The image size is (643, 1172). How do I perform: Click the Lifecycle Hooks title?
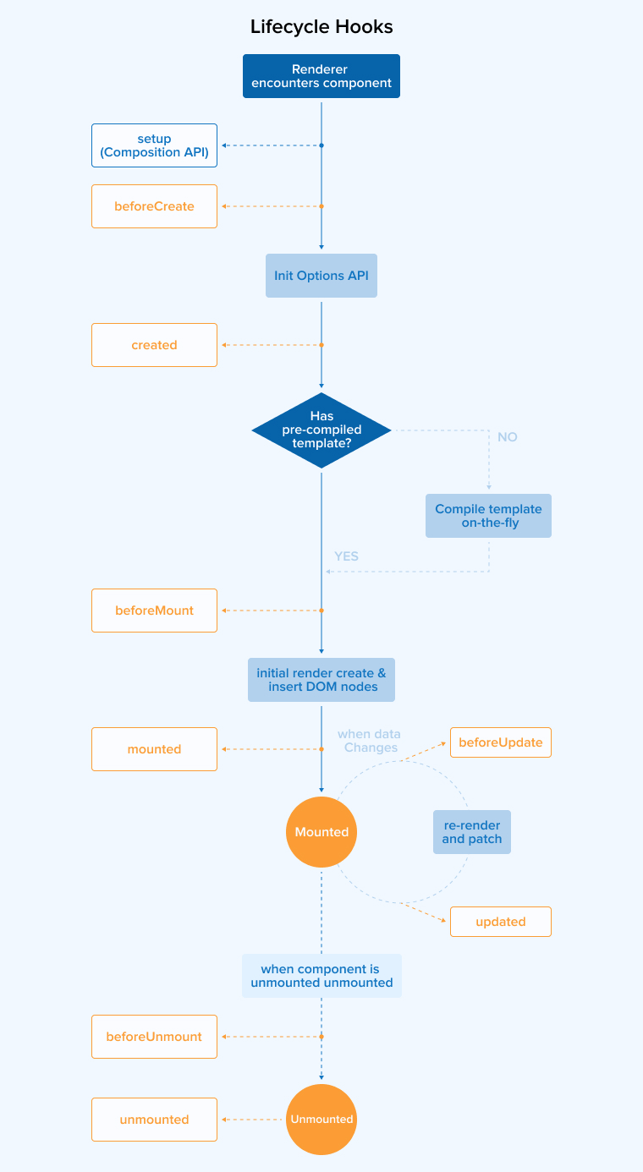tap(321, 27)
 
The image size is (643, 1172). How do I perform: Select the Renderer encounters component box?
tap(321, 76)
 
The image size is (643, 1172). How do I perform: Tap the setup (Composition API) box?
tap(154, 145)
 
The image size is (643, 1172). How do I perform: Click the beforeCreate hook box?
tap(154, 206)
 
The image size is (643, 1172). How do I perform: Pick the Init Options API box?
tap(321, 276)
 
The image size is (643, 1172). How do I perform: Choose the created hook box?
tap(154, 345)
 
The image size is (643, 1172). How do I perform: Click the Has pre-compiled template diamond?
tap(321, 430)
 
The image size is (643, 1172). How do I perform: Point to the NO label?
tap(508, 437)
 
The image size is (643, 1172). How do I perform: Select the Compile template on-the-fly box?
tap(488, 516)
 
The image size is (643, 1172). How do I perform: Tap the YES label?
tap(346, 556)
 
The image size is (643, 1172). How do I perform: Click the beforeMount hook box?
tap(154, 611)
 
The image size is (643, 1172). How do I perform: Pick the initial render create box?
tap(321, 680)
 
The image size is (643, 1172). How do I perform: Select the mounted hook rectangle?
tap(154, 749)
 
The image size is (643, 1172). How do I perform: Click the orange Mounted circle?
tap(321, 832)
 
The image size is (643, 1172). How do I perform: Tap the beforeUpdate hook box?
tap(500, 742)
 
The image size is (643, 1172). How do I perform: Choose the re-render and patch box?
tap(472, 832)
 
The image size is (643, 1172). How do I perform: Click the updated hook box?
tap(500, 922)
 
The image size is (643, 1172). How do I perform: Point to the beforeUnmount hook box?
tap(154, 1037)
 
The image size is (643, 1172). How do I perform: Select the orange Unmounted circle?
tap(321, 1120)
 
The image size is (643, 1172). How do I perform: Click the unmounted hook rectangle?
tap(154, 1120)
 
